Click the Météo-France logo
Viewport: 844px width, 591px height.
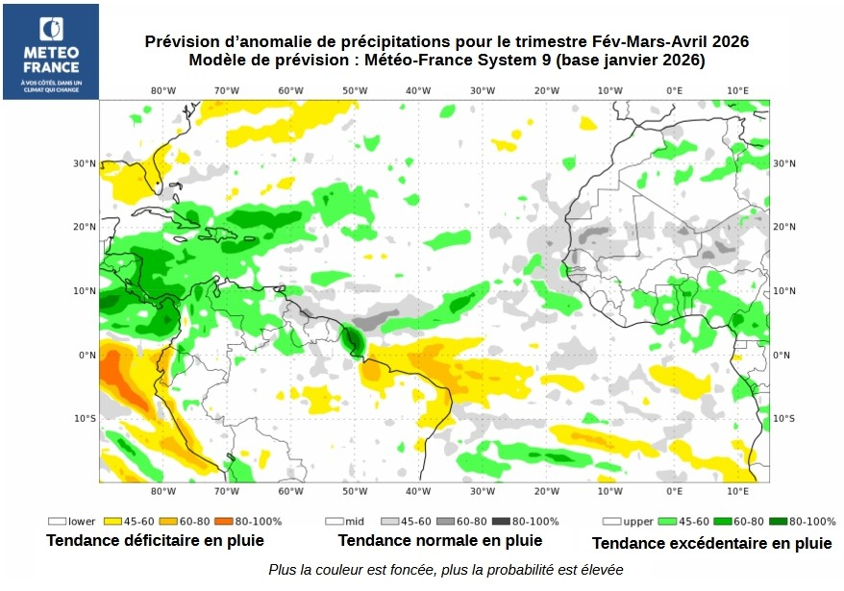50,52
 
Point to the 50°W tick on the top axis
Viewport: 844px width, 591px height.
355,90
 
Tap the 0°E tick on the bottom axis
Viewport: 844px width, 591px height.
674,492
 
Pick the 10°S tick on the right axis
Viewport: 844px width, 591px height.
784,418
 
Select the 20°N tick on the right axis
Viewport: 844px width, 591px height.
784,227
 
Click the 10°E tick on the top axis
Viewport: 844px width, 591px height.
737,90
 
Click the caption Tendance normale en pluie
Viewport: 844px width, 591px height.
439,540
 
